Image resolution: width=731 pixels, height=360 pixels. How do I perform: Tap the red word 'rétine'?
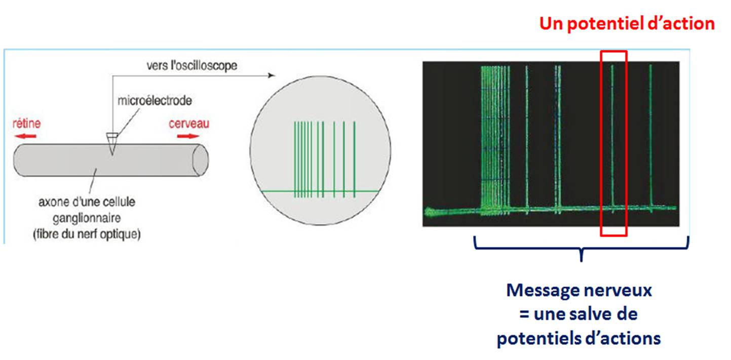tap(27, 124)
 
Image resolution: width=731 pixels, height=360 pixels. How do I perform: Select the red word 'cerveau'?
tap(189, 124)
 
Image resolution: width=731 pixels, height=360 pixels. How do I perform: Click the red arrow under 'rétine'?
tap(25, 136)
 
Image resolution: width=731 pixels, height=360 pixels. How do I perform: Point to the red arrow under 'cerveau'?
tap(188, 136)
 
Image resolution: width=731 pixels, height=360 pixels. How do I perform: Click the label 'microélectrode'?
tap(155, 100)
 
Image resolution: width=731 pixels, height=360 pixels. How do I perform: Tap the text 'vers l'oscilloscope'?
tap(192, 65)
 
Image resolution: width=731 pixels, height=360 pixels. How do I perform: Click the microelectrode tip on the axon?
tap(112, 154)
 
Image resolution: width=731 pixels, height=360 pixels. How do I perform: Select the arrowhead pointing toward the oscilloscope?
tap(271, 75)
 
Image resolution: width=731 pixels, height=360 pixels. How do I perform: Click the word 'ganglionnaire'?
tap(87, 218)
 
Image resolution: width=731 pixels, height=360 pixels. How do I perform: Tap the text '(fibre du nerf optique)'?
tap(87, 234)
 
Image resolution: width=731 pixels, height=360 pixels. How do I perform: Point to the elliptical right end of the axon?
tap(201, 160)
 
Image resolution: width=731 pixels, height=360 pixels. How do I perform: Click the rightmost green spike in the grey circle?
tap(355, 159)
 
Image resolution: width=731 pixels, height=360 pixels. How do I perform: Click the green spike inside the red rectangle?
tap(612, 139)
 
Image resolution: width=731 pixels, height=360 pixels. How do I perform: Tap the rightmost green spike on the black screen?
tap(650, 138)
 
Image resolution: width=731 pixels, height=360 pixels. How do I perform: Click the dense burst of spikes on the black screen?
tap(495, 140)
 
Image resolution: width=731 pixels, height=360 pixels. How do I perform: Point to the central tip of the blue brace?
tap(581, 260)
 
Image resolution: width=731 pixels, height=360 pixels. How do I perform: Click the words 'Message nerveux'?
tap(579, 290)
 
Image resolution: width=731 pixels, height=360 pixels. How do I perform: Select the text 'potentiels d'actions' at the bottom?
tap(579, 338)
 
